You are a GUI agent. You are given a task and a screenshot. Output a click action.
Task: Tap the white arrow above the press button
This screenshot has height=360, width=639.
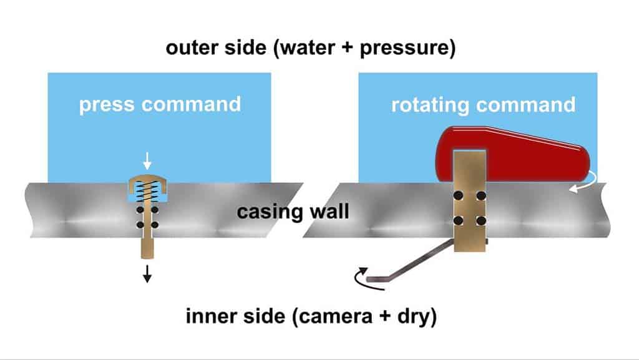(147, 161)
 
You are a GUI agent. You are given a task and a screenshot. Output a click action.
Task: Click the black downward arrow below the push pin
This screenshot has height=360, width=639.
(147, 274)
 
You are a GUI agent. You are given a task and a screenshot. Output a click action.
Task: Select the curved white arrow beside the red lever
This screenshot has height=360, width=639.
(584, 183)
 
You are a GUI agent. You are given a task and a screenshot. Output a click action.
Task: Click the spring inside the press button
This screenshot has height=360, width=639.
(147, 191)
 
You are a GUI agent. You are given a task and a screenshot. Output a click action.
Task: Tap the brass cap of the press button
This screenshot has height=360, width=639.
(147, 183)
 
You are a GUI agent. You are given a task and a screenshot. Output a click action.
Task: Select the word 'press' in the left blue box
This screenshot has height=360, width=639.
(106, 105)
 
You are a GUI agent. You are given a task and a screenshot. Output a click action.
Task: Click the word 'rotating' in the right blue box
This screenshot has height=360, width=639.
(431, 105)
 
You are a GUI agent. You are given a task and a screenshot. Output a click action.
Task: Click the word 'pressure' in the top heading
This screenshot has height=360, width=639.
(407, 48)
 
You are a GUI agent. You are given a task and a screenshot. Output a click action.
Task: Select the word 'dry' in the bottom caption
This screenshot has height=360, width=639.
(417, 317)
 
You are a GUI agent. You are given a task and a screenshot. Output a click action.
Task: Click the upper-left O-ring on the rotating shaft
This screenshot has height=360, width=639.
(459, 196)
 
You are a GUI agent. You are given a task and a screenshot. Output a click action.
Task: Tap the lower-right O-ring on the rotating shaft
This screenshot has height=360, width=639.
(481, 221)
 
